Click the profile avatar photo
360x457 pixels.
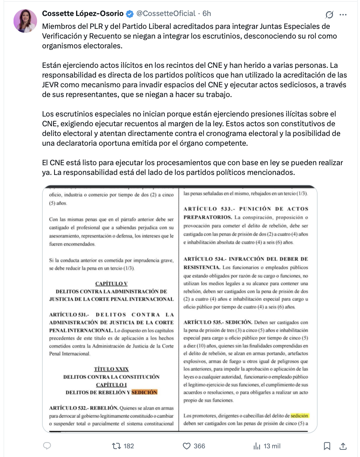25,21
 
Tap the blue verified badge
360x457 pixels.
130,14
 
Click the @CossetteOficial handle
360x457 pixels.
166,14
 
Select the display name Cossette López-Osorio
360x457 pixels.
83,14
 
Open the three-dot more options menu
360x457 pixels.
343,15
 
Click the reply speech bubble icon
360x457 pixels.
47,446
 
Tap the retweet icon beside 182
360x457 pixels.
116,446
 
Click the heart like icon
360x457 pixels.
187,446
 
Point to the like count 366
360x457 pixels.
199,446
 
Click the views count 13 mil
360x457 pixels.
272,446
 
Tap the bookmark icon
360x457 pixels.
327,446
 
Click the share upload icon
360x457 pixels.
343,446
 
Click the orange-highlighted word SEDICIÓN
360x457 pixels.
145,392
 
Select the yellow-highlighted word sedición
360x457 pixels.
300,416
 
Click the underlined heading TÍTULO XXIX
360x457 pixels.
111,369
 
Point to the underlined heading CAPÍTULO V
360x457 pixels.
111,283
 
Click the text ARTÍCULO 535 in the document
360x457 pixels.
203,322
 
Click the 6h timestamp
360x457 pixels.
207,14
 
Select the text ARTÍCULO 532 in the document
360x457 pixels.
68,408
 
